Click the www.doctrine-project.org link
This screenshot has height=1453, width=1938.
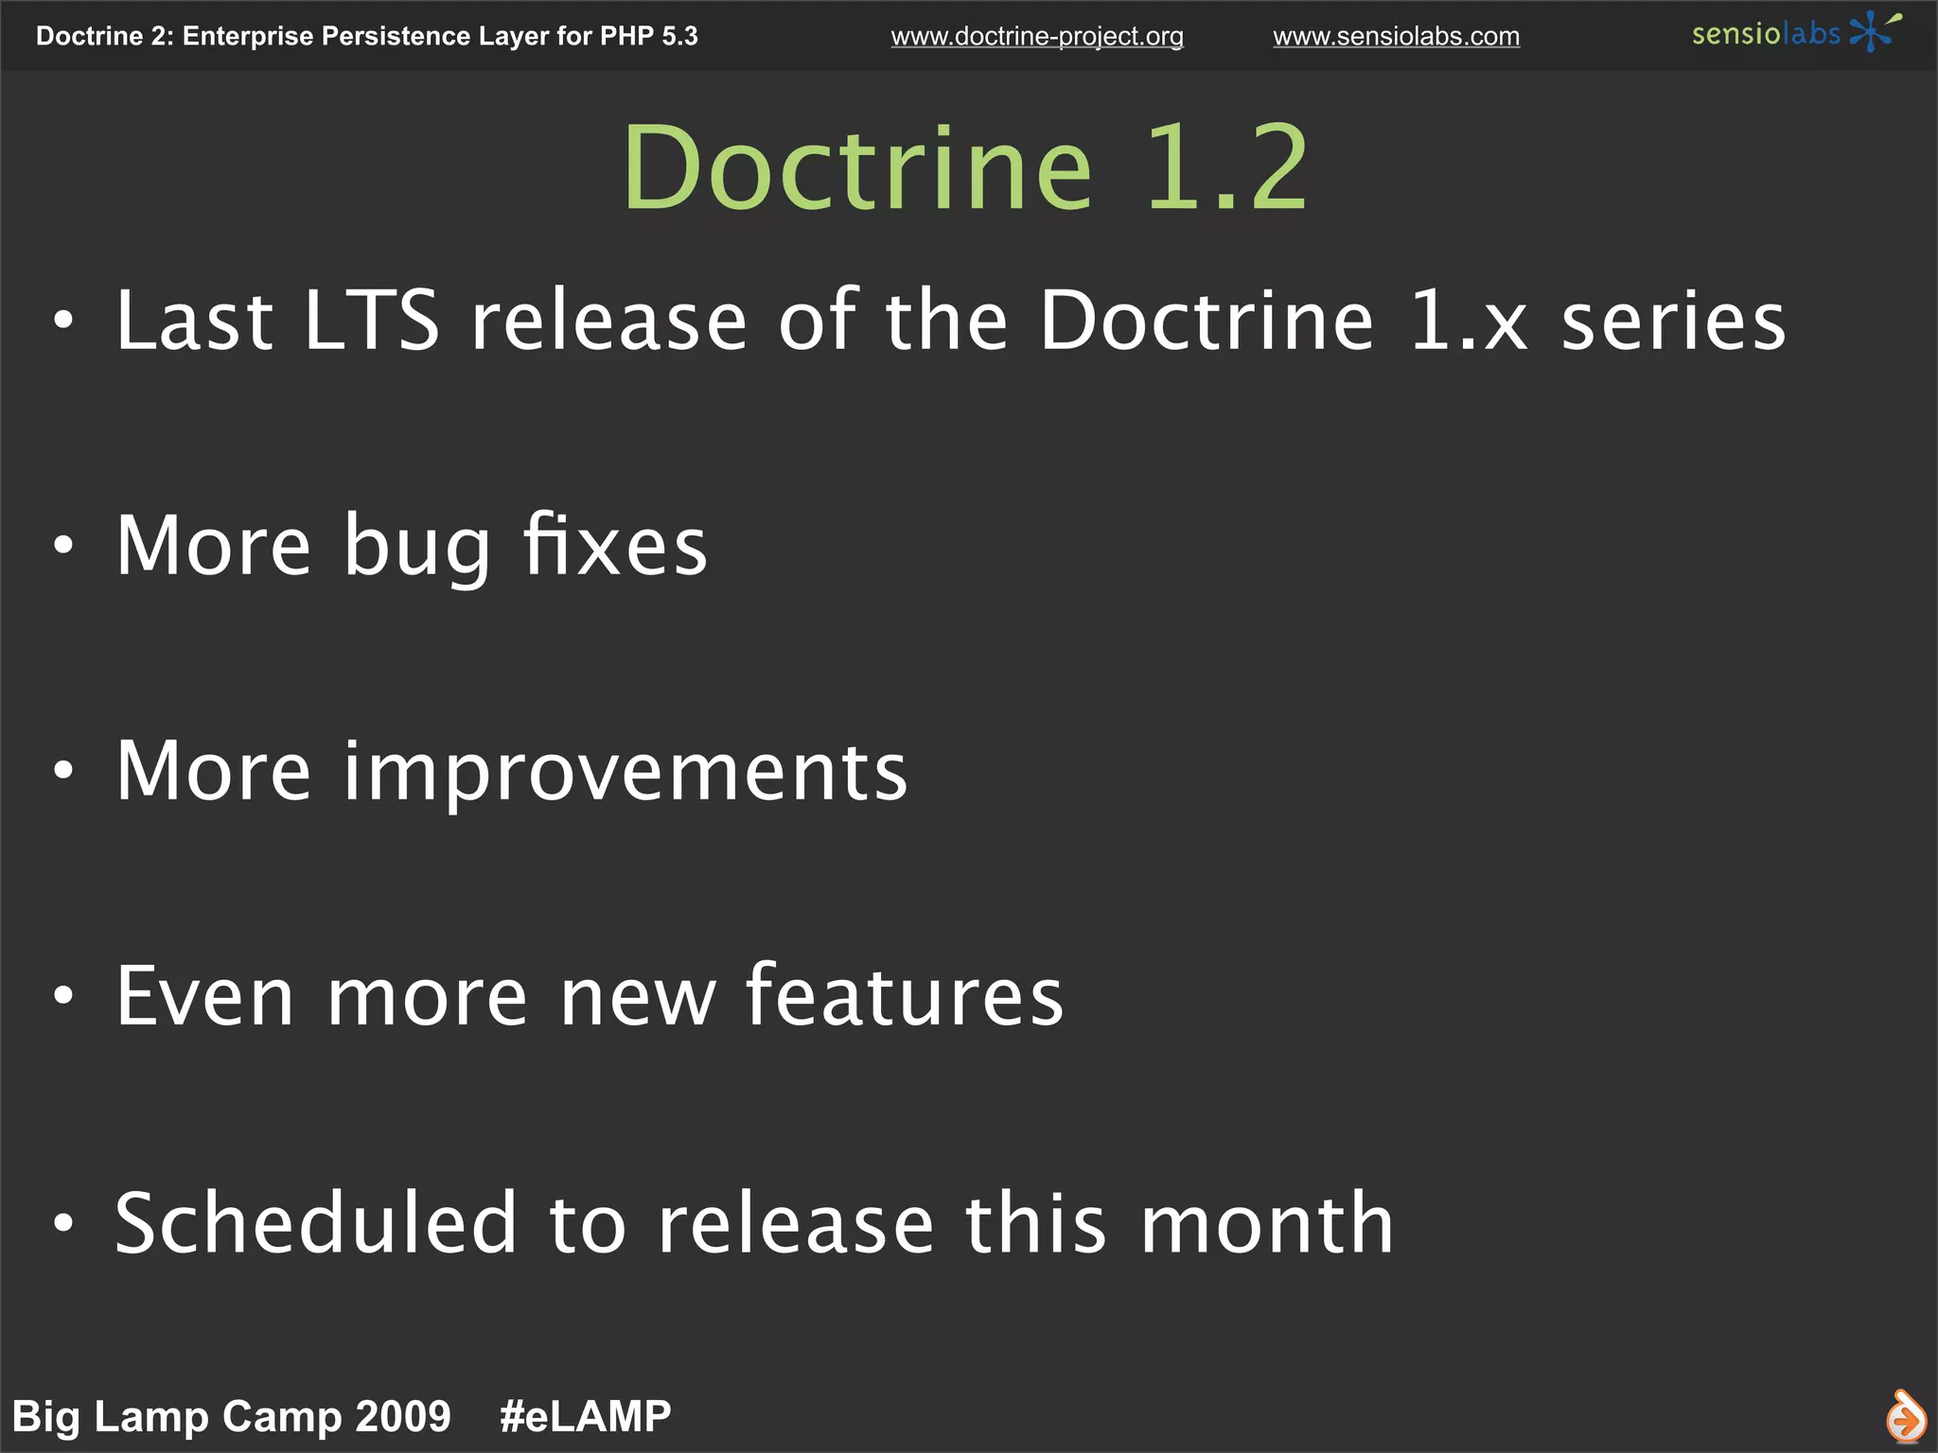[x=1036, y=37]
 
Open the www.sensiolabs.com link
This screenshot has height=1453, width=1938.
[x=1396, y=37]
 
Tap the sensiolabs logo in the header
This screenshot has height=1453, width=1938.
[x=1794, y=33]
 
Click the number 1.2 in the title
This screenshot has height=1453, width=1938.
[x=1226, y=170]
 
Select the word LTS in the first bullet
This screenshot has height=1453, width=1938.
[x=372, y=322]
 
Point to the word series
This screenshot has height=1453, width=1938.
[x=1673, y=322]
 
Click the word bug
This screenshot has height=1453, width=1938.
[x=417, y=548]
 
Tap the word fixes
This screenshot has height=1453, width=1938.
[x=615, y=546]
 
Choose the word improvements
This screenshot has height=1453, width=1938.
[x=625, y=773]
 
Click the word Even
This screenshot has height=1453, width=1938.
[x=205, y=996]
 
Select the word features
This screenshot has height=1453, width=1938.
[x=904, y=996]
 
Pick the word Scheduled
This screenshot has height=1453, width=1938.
[x=316, y=1223]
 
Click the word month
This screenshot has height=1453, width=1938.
[x=1267, y=1223]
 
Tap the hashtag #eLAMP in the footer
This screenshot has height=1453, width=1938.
[x=585, y=1416]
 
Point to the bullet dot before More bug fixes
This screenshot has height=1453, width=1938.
[x=63, y=546]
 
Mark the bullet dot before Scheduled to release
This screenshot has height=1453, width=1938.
[x=63, y=1222]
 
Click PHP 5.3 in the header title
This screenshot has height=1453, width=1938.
[x=649, y=36]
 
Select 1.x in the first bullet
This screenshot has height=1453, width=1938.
[x=1468, y=322]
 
